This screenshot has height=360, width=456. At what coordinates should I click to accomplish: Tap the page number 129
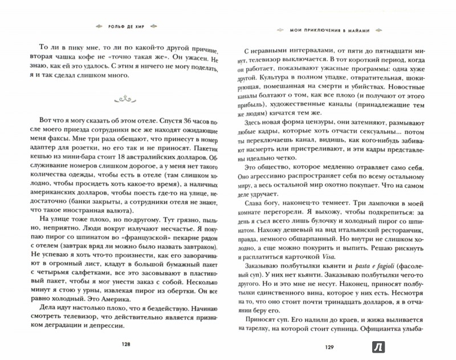click(x=333, y=346)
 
